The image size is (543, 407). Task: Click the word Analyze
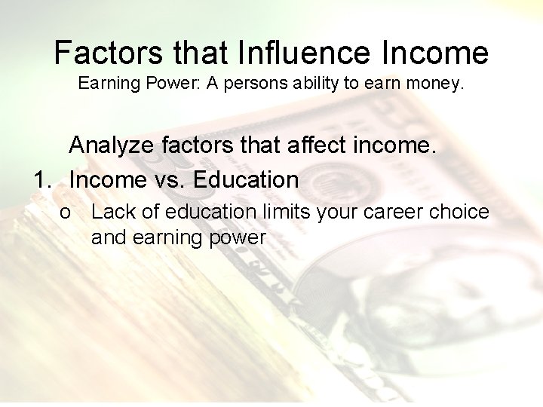(x=114, y=146)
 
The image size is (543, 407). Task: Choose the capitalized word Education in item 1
(x=246, y=180)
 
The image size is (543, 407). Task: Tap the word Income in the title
(x=431, y=53)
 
